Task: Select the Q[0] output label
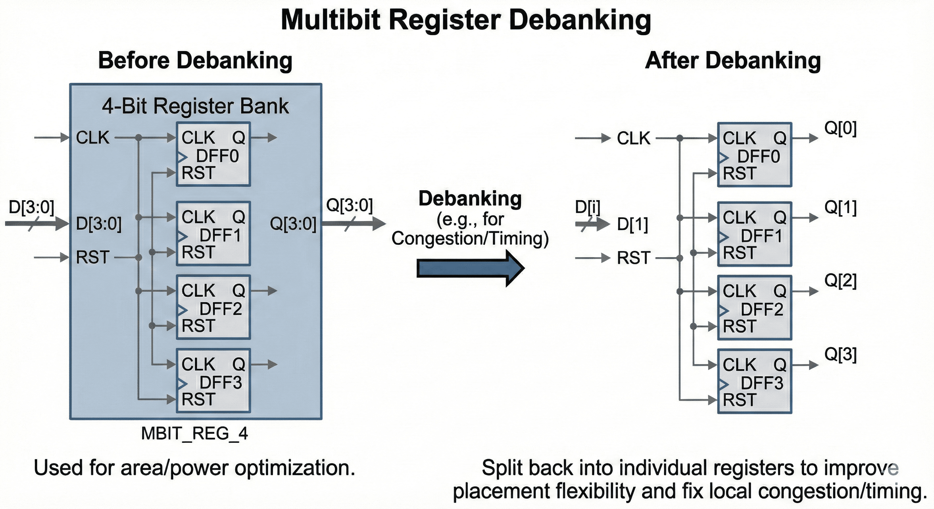(840, 129)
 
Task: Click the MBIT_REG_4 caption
(194, 433)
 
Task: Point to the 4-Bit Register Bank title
(195, 106)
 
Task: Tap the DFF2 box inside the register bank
(213, 308)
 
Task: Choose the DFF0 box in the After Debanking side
(754, 155)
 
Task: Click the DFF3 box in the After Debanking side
(754, 381)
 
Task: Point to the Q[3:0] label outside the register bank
(349, 205)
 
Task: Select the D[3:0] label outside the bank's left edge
(31, 207)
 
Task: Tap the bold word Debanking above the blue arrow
(470, 198)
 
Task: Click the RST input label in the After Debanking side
(634, 258)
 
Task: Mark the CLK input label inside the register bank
(93, 138)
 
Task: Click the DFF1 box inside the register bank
(213, 234)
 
